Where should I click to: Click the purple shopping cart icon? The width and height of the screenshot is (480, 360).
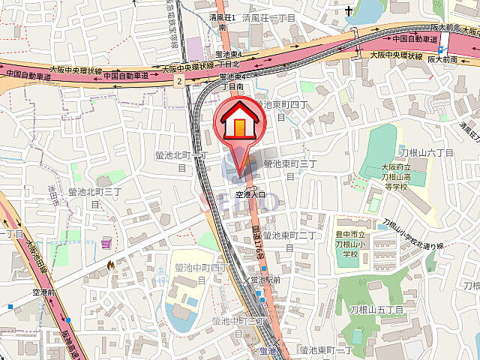[x=106, y=243]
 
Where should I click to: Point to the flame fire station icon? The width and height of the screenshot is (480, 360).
[x=111, y=265]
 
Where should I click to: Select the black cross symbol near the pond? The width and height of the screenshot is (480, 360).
[x=349, y=11]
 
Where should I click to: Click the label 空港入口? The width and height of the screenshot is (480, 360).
[x=251, y=194]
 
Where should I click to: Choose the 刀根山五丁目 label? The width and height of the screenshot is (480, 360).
[x=376, y=309]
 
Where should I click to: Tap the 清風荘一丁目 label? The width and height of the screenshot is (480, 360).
[x=270, y=16]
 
